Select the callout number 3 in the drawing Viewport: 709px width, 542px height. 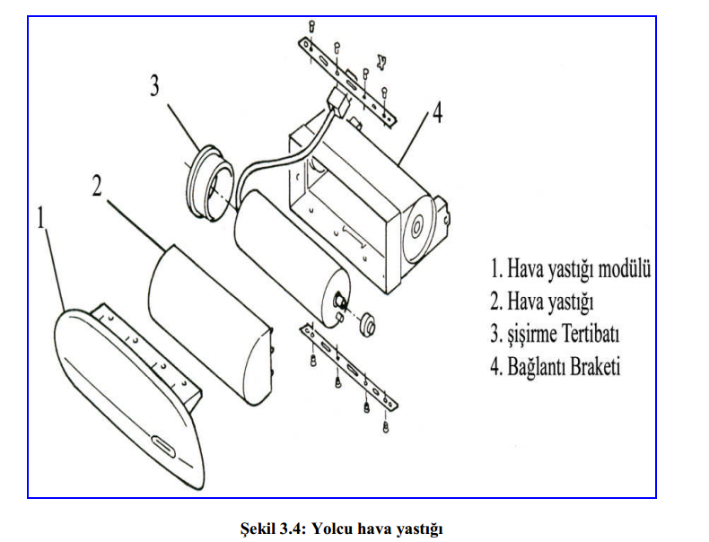coord(154,86)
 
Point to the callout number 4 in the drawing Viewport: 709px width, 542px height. coord(437,114)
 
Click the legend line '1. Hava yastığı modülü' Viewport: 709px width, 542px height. coord(570,268)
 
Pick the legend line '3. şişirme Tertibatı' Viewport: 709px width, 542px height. coord(555,334)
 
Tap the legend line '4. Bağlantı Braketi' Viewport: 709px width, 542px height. coord(555,367)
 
